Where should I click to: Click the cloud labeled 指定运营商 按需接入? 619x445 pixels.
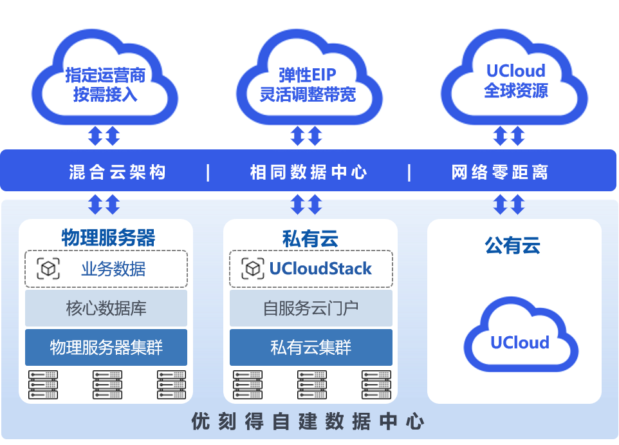[x=105, y=84]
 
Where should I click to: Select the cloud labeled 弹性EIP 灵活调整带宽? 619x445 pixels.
[x=308, y=84]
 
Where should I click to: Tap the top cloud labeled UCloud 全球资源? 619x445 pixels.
[x=515, y=80]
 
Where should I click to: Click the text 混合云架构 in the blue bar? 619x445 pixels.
[x=118, y=172]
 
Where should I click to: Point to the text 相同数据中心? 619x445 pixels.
[x=309, y=172]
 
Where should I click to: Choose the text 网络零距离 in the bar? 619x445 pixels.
[x=500, y=172]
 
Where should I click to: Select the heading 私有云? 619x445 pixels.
[x=310, y=238]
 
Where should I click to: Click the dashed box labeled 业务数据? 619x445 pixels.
[x=106, y=269]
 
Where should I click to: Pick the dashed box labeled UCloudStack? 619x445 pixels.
[x=311, y=269]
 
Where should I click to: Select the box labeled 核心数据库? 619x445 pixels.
[x=106, y=308]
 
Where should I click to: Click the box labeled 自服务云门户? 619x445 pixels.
[x=311, y=308]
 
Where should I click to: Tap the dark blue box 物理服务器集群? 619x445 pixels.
[x=106, y=348]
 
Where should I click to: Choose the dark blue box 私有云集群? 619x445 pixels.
[x=311, y=348]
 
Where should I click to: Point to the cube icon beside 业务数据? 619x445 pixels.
[x=48, y=268]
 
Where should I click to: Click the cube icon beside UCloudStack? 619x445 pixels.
[x=253, y=268]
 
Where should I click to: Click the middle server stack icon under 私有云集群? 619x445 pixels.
[x=311, y=384]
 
